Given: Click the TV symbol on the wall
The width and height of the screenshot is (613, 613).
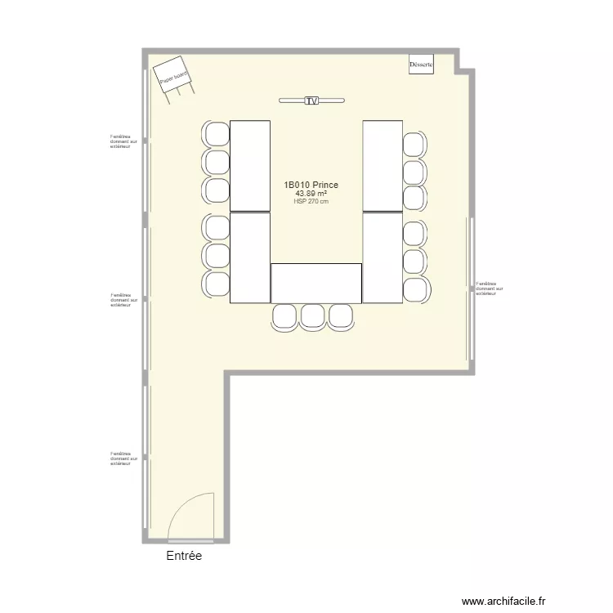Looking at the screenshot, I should pos(311,101).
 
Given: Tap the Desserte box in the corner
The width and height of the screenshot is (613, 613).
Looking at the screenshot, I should pos(421,64).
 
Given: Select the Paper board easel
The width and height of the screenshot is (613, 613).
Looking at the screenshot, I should pos(173,78).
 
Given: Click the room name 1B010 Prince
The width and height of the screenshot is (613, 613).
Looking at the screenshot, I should pos(311,186).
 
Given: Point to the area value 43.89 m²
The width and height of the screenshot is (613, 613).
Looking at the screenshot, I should pos(311,194).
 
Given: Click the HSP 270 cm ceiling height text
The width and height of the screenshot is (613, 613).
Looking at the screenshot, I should pos(311,201).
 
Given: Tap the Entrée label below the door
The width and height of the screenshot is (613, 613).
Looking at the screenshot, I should pos(184,556).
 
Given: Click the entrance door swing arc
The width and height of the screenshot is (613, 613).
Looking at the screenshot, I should pos(190,515).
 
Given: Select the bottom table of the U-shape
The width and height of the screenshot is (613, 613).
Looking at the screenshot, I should pos(316,283).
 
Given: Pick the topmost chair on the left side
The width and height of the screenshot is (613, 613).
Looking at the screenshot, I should pos(217,134).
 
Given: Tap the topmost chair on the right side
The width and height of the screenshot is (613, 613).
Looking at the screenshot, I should pos(414,144).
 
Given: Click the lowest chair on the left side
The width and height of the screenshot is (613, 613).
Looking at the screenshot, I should pos(217,284).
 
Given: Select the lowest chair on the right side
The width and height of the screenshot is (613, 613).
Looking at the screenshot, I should pos(414,289).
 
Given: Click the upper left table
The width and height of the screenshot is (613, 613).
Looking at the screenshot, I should pos(250,166).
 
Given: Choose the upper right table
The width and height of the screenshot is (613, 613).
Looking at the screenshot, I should pos(383,166).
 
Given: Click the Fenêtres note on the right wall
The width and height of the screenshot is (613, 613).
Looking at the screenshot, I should pos(490,289).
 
